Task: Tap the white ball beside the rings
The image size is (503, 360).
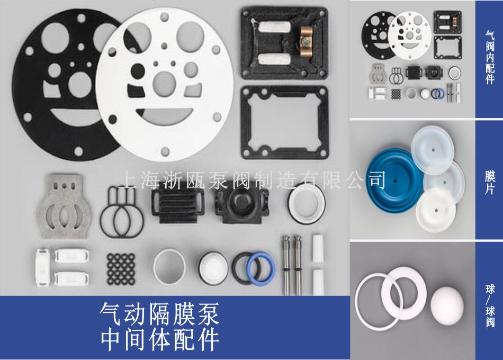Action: pyautogui.click(x=447, y=305)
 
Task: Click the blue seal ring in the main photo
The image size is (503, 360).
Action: pyautogui.click(x=261, y=269)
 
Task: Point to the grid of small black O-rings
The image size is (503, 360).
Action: pyautogui.click(x=121, y=269)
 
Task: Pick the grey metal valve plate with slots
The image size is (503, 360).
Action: pyautogui.click(x=65, y=206)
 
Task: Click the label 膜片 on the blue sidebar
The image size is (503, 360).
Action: pyautogui.click(x=490, y=183)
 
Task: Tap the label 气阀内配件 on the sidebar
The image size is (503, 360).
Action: pyautogui.click(x=490, y=57)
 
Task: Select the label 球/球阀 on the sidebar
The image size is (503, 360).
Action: pyautogui.click(x=490, y=305)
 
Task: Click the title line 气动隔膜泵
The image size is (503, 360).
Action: pyautogui.click(x=159, y=314)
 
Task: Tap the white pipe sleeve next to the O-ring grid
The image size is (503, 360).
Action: pyautogui.click(x=169, y=267)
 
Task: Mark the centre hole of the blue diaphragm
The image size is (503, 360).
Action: pyautogui.click(x=395, y=181)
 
